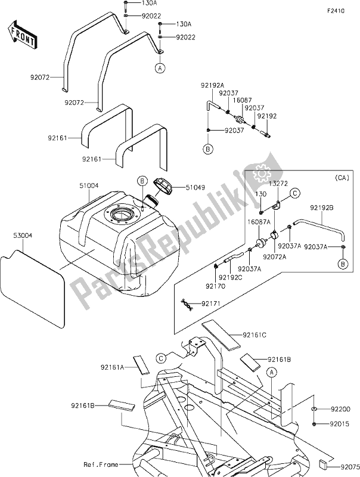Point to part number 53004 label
(x=17, y=236)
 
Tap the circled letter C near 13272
(x=294, y=193)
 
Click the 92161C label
(x=255, y=334)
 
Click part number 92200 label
(x=342, y=410)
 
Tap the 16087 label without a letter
(x=244, y=100)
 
